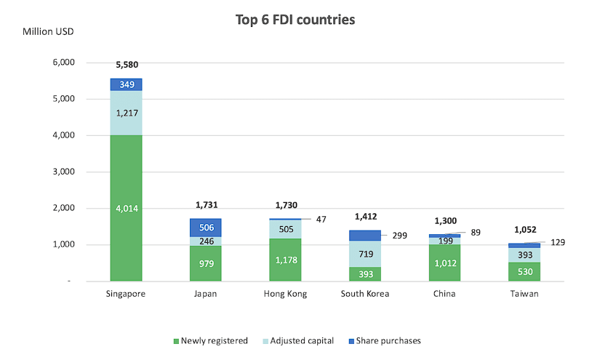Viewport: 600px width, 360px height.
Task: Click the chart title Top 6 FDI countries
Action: tap(295, 20)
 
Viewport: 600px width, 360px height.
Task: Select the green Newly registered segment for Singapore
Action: tap(126, 207)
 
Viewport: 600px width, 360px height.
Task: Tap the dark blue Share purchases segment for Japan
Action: tap(205, 227)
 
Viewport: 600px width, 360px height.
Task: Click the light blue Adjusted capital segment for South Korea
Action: tap(366, 254)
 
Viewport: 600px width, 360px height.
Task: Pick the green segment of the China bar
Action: tap(445, 263)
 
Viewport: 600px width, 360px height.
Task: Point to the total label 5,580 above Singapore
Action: tap(126, 65)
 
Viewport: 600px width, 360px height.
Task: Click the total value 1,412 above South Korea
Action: tap(366, 216)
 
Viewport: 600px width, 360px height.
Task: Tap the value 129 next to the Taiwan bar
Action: tap(557, 242)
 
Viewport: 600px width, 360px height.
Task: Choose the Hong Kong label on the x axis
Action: tap(286, 294)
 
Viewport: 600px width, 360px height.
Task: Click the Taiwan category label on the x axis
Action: tap(525, 294)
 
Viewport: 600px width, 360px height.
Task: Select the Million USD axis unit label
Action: tap(48, 31)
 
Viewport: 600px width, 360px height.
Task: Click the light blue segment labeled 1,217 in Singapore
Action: tap(126, 113)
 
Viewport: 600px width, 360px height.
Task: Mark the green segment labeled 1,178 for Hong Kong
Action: tap(286, 259)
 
